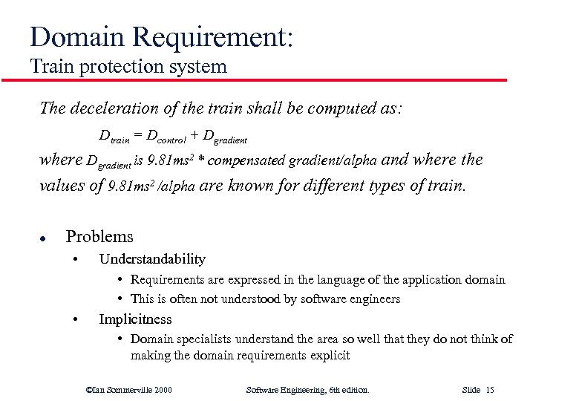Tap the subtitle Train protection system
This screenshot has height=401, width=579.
coord(128,66)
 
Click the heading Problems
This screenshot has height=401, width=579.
coord(99,237)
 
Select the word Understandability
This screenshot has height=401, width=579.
coord(152,259)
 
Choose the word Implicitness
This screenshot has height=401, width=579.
coord(135,319)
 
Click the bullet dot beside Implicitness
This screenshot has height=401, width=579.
coord(76,320)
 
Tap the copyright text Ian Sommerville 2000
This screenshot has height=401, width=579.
coord(129,389)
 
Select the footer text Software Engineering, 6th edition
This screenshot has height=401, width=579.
coord(307,389)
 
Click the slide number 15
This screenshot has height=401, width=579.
coord(489,389)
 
